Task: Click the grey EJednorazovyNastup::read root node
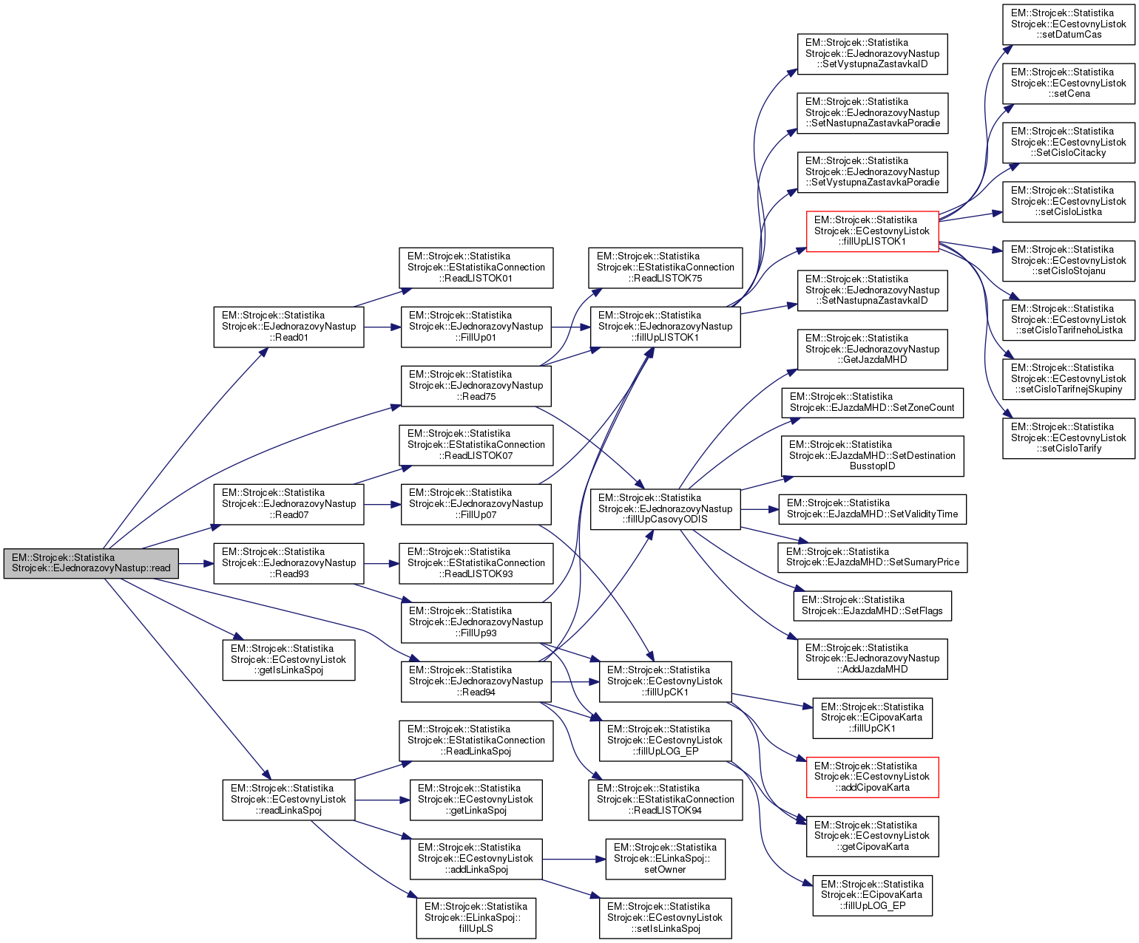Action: tap(91, 563)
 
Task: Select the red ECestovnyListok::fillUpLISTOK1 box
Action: tap(872, 231)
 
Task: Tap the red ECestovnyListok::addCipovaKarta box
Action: tap(872, 777)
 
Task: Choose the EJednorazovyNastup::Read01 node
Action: tap(288, 327)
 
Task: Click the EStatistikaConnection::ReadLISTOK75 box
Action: tap(666, 268)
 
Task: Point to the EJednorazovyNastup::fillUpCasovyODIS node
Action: tap(665, 508)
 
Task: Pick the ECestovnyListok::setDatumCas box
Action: tap(1068, 24)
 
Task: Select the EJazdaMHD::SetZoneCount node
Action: tap(872, 403)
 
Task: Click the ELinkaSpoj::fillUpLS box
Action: tap(476, 917)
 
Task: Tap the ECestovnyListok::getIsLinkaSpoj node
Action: tap(288, 659)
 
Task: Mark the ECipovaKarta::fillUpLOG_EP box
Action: tap(872, 895)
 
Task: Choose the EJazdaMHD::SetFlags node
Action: tap(872, 605)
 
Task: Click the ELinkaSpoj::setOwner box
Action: tap(665, 859)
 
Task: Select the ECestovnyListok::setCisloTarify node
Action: tap(1068, 438)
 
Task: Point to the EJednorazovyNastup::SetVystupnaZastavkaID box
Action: tap(872, 53)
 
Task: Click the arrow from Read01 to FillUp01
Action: tap(382, 327)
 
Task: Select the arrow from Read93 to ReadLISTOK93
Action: tap(382, 563)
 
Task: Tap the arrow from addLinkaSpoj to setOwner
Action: tap(574, 859)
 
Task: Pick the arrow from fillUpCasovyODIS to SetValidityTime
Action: tap(760, 509)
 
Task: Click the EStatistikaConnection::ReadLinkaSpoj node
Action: tap(476, 741)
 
